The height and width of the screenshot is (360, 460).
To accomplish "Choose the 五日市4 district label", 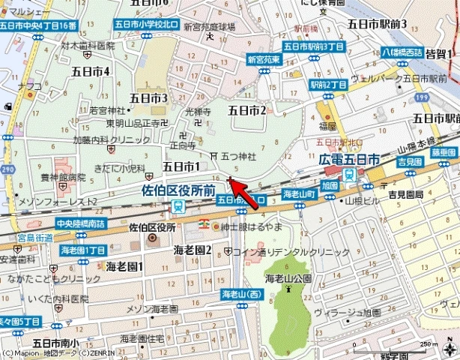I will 91,71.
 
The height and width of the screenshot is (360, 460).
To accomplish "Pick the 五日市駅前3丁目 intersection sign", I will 313,46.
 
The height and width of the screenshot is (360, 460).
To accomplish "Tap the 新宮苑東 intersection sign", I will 263,58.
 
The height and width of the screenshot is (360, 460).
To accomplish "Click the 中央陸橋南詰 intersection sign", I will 81,223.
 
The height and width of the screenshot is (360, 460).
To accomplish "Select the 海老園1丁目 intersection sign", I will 83,249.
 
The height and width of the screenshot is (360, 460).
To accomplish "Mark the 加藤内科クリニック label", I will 102,140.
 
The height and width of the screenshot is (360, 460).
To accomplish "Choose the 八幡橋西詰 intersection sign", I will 403,52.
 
